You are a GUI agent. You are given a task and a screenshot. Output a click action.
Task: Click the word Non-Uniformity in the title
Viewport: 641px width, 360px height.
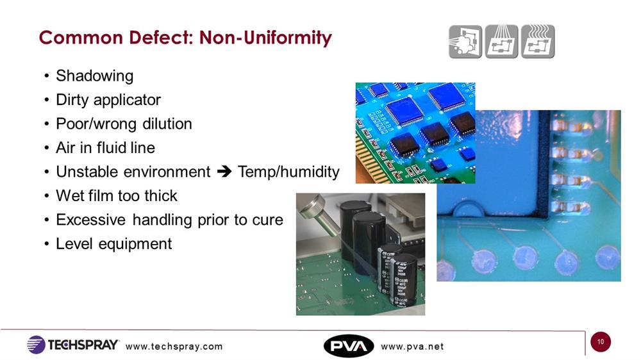[265, 38]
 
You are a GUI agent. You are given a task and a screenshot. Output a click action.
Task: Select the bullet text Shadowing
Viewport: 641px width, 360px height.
[94, 76]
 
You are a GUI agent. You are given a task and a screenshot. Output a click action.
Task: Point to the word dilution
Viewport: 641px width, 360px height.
[167, 124]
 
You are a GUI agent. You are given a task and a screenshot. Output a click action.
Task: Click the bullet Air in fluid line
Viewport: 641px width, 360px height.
[106, 148]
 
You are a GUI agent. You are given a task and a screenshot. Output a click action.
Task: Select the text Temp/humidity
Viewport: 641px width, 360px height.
[288, 172]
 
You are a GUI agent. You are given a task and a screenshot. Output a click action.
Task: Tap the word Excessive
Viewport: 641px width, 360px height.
[91, 220]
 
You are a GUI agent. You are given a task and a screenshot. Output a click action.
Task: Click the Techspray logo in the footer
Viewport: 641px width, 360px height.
[73, 345]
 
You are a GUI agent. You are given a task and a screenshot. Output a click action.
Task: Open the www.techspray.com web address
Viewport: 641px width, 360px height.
[174, 347]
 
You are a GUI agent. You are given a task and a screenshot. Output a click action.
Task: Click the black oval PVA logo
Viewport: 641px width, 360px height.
[349, 346]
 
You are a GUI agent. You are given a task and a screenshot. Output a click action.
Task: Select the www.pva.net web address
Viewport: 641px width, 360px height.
[412, 347]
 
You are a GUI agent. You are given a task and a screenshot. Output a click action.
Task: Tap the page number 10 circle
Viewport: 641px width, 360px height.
[601, 342]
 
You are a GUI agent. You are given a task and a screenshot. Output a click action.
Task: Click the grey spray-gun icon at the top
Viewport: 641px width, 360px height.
[465, 42]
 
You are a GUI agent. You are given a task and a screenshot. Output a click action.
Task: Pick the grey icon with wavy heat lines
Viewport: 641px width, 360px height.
[538, 42]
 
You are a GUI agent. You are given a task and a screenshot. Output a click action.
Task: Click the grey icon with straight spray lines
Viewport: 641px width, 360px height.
[502, 42]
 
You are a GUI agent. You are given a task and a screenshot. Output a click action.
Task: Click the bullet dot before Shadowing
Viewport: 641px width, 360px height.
[47, 76]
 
